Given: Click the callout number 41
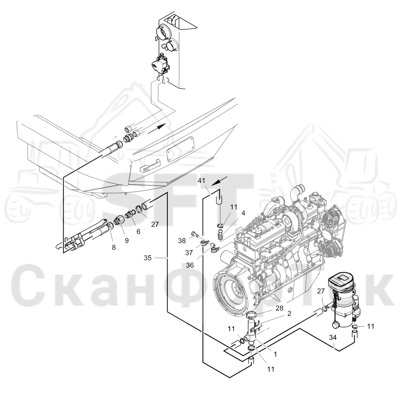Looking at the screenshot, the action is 201,180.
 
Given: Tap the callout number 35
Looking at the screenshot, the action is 148,258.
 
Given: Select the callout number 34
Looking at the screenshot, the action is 333,338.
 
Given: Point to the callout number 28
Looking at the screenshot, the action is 279,308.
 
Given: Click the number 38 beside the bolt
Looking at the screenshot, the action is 182,241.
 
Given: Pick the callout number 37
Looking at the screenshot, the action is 189,253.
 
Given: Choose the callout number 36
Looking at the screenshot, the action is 190,265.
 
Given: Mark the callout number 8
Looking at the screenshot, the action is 114,248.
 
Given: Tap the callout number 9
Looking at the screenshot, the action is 127,240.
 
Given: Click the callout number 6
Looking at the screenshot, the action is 139,231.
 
